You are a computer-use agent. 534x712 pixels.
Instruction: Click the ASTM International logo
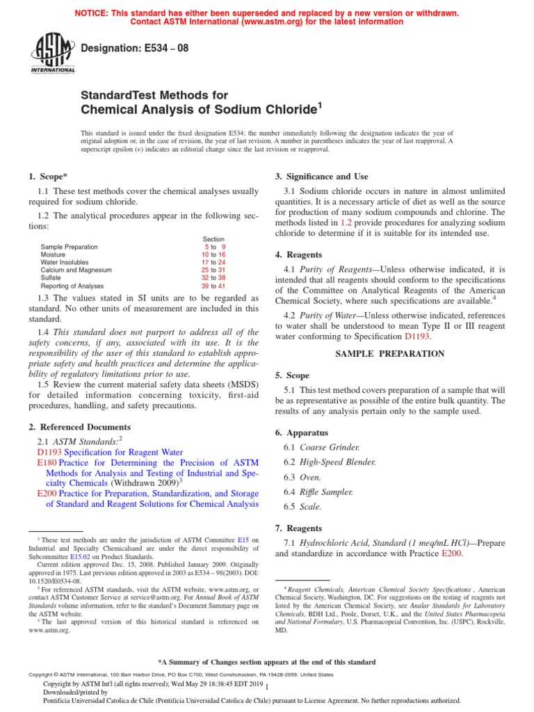53,54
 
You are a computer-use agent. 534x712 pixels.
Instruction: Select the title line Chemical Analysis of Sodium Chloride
202,108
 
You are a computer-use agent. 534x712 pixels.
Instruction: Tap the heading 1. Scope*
49,177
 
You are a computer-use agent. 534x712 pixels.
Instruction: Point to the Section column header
213,238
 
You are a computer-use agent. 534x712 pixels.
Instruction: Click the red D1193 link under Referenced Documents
49,452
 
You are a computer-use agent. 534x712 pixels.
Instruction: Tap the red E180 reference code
47,462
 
